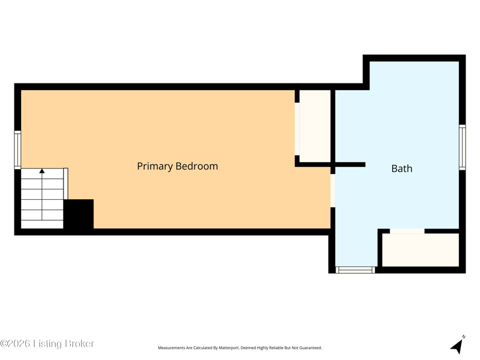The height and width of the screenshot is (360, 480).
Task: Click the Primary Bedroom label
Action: coord(178,166)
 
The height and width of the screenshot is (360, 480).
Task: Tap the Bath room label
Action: coord(401,169)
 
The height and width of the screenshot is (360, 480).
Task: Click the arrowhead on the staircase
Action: coord(42,171)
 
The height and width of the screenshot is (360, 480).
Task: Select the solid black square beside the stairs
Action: coord(79,214)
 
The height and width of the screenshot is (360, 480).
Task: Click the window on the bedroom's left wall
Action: coord(18,149)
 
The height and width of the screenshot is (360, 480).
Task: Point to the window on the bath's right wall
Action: coord(462,147)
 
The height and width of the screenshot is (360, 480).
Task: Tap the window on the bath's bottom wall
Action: coord(355,270)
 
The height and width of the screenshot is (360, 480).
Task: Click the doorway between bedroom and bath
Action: coord(333,190)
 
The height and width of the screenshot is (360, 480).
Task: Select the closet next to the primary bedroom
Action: coord(315,126)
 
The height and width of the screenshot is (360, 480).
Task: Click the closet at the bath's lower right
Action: coord(421,250)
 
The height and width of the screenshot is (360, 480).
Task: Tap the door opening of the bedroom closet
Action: coord(297,129)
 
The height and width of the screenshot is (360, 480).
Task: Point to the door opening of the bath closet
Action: coord(407,231)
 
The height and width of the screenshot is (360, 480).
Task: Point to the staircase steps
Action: coord(42,199)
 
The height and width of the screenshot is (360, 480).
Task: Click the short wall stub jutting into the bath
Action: coord(350,164)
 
